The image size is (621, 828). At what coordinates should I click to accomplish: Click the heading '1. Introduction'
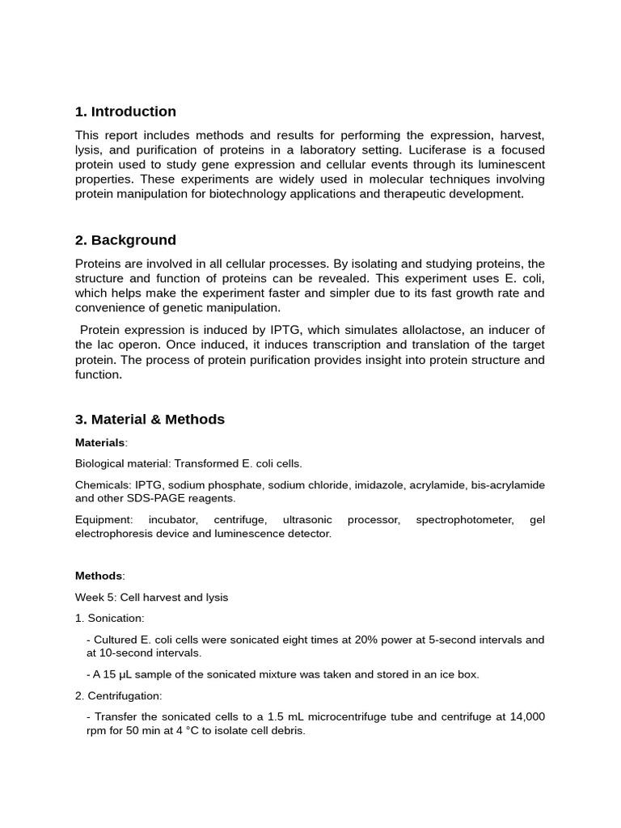tap(125, 112)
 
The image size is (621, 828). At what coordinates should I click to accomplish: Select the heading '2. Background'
tap(125, 240)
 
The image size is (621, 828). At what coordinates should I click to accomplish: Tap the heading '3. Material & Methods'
tap(150, 420)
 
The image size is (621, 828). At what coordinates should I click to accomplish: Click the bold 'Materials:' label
tap(101, 443)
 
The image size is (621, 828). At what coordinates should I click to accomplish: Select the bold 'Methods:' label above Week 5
tap(99, 576)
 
